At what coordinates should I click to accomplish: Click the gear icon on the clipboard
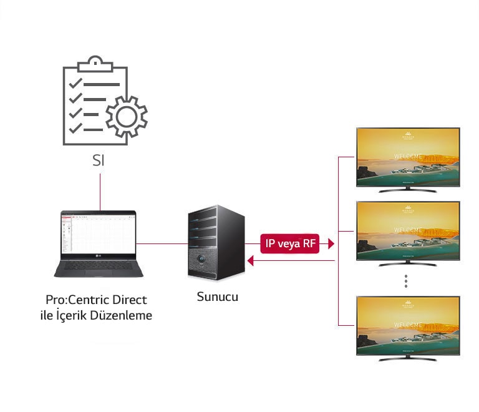[127, 116]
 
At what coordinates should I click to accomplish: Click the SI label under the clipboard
[98, 160]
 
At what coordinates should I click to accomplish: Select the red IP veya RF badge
[290, 244]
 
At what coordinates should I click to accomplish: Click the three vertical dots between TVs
[405, 281]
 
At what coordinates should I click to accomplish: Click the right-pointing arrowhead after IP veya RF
[331, 244]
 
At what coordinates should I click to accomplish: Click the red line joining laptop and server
[162, 243]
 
